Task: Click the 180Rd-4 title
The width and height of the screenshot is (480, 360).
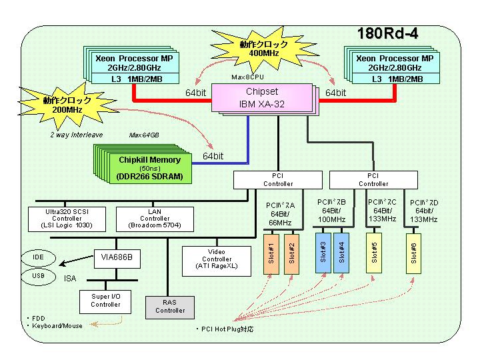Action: pos(387,33)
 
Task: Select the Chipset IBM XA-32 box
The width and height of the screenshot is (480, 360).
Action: pos(262,97)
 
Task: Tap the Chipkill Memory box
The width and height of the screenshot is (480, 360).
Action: pos(150,168)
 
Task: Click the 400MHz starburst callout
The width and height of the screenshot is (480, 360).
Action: pos(264,49)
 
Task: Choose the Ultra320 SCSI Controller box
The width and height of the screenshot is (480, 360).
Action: pos(67,219)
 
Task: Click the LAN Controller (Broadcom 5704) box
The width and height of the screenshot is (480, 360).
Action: pos(155,219)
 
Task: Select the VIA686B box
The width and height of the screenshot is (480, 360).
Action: pos(117,259)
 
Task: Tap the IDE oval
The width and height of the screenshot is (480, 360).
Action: pos(38,257)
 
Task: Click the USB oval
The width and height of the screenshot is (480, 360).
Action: pos(38,276)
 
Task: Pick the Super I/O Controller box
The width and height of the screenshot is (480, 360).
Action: pos(105,302)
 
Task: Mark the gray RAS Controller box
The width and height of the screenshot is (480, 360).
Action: pos(169,307)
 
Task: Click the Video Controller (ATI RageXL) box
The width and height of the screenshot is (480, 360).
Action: pos(217,261)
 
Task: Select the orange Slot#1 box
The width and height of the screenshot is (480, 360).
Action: pos(271,254)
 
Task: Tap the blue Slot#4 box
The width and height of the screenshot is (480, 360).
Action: pos(341,253)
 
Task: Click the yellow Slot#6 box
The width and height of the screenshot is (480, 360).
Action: pos(413,253)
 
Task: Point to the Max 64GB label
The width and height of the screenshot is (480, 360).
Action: pos(144,135)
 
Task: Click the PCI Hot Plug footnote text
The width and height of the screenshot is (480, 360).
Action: pos(225,329)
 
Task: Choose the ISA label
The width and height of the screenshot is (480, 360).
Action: pos(70,279)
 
